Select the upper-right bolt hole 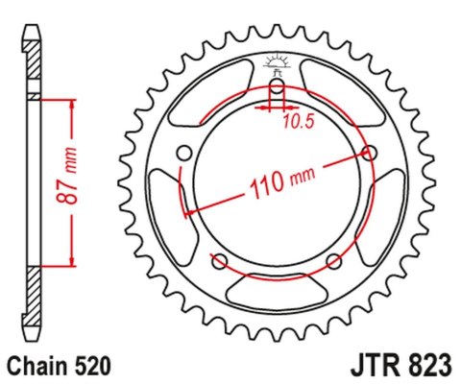372,152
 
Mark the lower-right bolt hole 334,262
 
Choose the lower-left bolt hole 219,262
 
